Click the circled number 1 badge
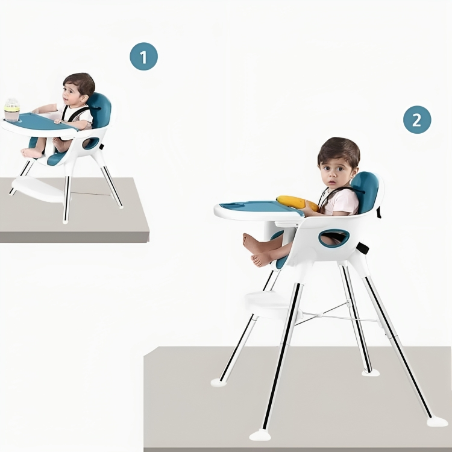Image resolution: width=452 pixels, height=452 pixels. [143, 56]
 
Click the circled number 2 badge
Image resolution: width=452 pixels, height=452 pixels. [417, 120]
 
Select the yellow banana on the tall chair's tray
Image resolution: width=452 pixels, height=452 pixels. [297, 202]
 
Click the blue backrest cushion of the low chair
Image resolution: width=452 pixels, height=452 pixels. [100, 110]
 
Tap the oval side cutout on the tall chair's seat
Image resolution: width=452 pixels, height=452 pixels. [334, 238]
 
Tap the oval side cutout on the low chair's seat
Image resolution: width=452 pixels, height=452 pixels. [91, 143]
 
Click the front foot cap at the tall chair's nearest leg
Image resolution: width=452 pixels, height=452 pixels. [260, 435]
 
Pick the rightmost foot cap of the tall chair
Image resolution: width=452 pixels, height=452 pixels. [438, 422]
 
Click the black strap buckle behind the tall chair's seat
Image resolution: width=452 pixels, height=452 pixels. [363, 248]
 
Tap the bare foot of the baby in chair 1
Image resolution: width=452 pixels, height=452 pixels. [31, 153]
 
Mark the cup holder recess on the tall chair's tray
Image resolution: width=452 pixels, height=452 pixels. [232, 206]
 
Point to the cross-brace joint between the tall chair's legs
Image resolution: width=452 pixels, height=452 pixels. [319, 315]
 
